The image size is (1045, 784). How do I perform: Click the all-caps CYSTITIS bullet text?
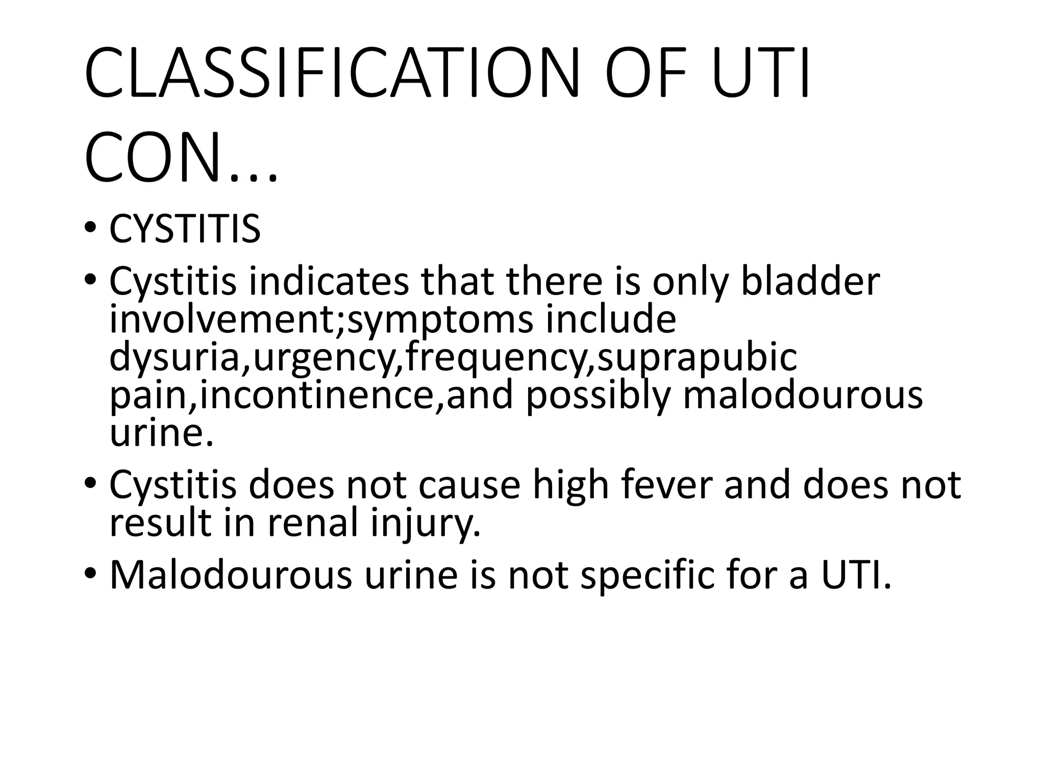point(185,229)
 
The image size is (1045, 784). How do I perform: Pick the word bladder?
point(810,282)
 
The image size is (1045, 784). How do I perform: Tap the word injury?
point(426,523)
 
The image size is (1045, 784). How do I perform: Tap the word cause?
point(470,485)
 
